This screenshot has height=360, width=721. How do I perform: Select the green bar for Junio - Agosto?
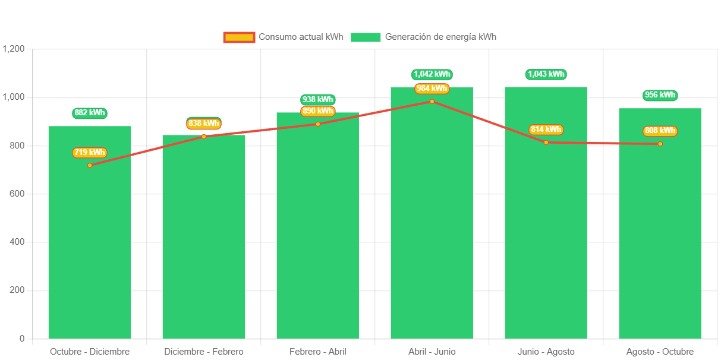click(x=546, y=238)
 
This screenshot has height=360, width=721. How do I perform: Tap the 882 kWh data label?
click(x=90, y=113)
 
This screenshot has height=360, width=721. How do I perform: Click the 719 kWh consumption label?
click(x=90, y=153)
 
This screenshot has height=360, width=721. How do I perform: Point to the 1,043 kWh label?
click(x=546, y=74)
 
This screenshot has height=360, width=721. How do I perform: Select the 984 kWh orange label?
click(x=432, y=89)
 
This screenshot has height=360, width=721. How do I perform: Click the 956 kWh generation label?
click(x=660, y=95)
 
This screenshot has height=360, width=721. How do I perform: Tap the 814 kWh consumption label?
click(x=546, y=130)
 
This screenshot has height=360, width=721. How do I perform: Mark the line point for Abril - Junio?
click(x=432, y=102)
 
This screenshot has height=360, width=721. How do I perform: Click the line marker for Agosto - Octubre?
click(x=660, y=144)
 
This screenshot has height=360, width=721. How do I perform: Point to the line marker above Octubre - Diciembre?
click(x=90, y=165)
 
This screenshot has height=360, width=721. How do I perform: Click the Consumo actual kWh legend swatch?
click(x=239, y=37)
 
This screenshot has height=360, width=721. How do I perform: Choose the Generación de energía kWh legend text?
click(x=440, y=37)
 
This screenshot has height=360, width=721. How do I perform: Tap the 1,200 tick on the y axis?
click(x=13, y=49)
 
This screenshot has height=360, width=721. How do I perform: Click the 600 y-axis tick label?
click(x=17, y=194)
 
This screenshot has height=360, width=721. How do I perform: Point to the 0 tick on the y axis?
click(x=22, y=339)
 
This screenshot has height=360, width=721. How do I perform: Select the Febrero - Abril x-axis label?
click(x=318, y=352)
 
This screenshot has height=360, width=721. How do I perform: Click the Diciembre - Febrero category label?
click(x=204, y=352)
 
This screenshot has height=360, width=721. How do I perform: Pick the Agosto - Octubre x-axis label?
click(x=660, y=352)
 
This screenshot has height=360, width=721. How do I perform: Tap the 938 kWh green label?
click(x=318, y=99)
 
